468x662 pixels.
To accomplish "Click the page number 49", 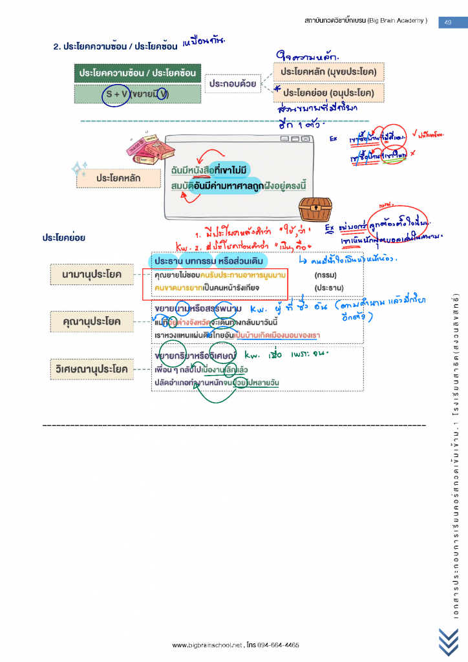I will point(448,22).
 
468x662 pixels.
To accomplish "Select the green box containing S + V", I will point(137,94).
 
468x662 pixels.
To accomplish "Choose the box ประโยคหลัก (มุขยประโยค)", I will point(328,71).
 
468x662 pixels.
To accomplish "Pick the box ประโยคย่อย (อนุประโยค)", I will point(328,93).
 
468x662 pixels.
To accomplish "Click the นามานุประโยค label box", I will point(92,275).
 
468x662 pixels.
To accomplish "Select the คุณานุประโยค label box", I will point(91,320).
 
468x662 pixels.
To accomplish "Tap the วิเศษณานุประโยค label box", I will point(91,369).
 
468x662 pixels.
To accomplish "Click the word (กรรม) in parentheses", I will point(326,275).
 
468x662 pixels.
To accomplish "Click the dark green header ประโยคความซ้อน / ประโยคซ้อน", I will point(137,73).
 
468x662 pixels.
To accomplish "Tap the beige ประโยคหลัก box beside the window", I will point(118,177).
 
